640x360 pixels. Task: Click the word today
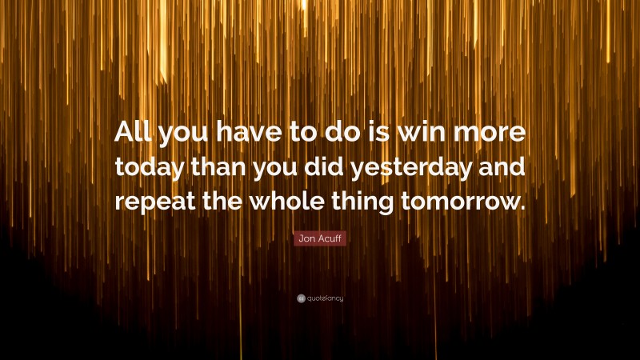(149, 168)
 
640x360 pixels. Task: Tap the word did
(339, 168)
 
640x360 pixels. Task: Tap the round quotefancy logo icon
(300, 298)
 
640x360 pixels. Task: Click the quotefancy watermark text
(325, 298)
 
